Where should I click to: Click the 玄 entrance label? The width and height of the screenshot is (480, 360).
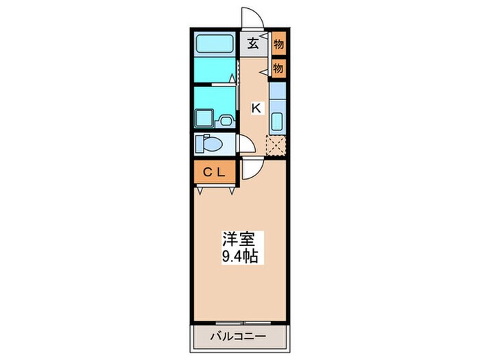253,44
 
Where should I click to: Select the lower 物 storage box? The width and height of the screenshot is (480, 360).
278,67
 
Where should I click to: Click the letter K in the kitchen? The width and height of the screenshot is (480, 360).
256,108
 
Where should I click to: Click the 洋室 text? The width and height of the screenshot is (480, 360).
238,241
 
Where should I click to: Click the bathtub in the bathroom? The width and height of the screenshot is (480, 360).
215,44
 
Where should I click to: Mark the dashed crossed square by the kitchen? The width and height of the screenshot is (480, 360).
276,146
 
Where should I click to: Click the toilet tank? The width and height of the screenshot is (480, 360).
200,144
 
